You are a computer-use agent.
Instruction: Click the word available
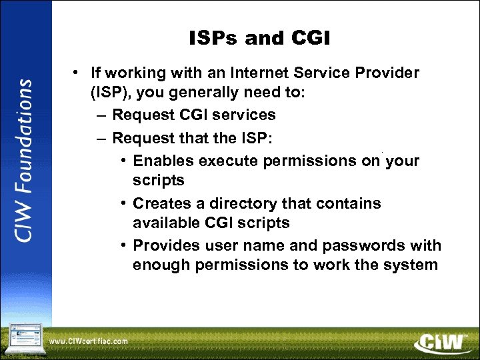pyautogui.click(x=163, y=222)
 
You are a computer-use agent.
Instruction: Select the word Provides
pyautogui.click(x=165, y=246)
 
